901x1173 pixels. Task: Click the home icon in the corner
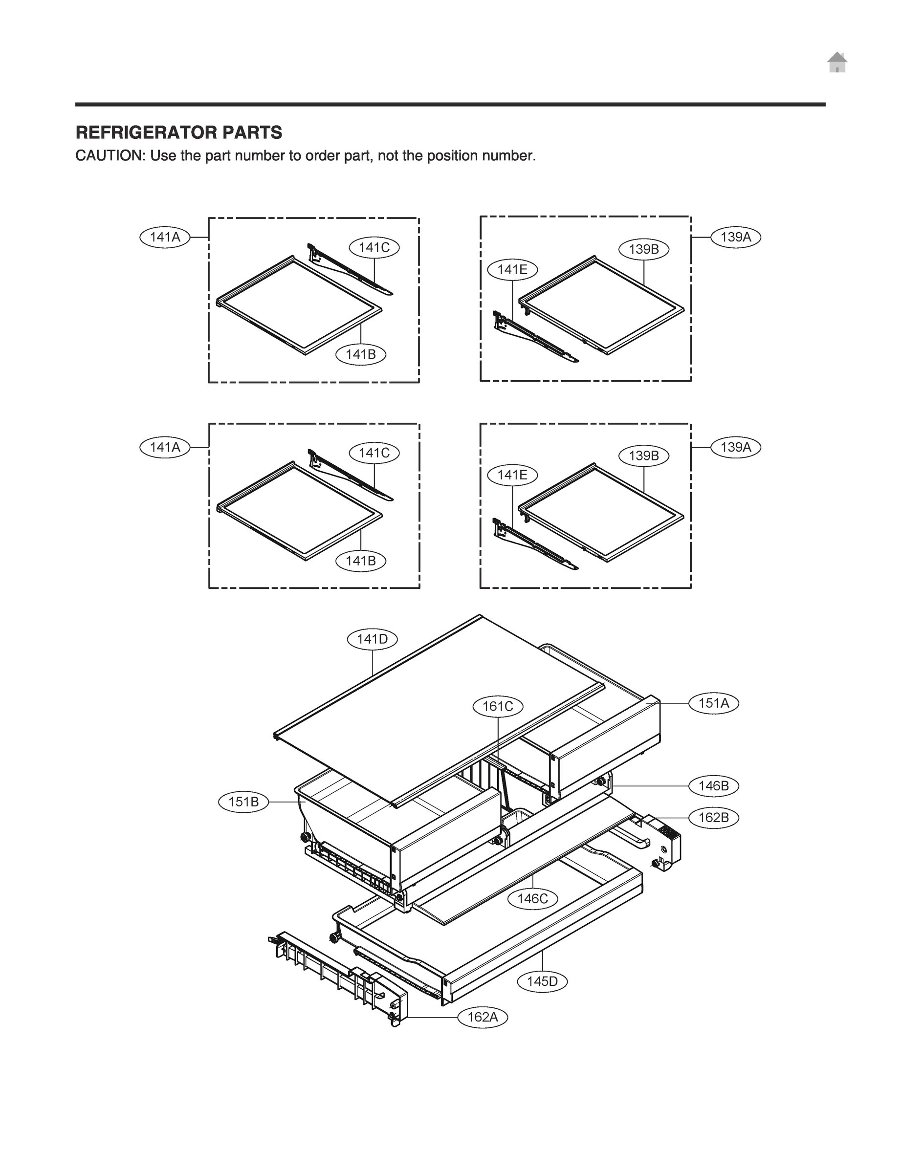(837, 63)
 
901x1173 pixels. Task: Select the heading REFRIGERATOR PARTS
(178, 132)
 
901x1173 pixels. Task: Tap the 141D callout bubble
(372, 639)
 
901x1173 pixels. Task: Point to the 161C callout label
(498, 706)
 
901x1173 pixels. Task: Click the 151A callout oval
(713, 703)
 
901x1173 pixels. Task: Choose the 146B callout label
(713, 786)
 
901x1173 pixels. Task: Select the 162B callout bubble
(713, 818)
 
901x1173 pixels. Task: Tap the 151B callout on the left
(243, 802)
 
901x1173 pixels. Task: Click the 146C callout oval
(532, 898)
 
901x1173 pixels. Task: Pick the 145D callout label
(542, 981)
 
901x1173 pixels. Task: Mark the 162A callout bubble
(482, 1017)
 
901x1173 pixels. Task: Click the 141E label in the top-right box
(512, 270)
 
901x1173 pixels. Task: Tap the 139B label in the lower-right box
(643, 456)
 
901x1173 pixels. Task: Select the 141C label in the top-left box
(374, 248)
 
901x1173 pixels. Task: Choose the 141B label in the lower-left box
(360, 561)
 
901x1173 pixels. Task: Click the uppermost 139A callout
(735, 237)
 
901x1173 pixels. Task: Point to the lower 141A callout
(165, 447)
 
